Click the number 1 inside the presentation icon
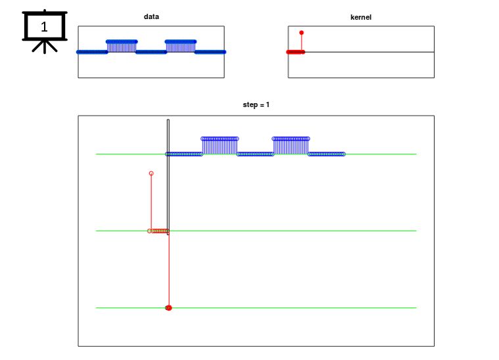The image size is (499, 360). (x=44, y=27)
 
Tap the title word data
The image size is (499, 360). (x=151, y=16)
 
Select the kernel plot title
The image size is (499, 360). (x=360, y=16)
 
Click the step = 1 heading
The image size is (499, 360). (x=256, y=105)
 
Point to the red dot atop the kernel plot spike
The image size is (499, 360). (x=301, y=32)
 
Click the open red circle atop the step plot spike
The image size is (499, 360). (x=151, y=173)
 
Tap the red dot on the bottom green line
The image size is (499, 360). (x=168, y=307)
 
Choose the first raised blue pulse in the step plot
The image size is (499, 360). (x=220, y=145)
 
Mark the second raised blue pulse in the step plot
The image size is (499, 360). (x=291, y=145)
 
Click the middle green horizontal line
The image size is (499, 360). (x=296, y=231)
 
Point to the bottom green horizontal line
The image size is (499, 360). (x=296, y=307)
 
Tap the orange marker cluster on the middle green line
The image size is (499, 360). (x=159, y=231)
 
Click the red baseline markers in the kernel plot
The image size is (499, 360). (x=295, y=52)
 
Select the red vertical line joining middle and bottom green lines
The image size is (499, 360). (x=169, y=269)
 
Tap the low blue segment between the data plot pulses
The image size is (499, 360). (x=151, y=52)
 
